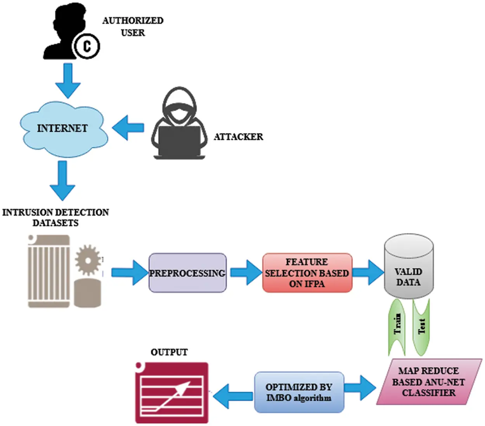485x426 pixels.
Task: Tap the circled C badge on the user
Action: [x=87, y=46]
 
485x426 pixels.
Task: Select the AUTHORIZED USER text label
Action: [x=133, y=26]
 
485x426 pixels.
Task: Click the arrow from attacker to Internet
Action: [x=128, y=127]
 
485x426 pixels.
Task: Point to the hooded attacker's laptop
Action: [x=179, y=141]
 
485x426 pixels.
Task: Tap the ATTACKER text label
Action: [x=238, y=137]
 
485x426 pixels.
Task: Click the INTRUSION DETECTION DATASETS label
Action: [x=55, y=217]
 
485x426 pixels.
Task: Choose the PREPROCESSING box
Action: [x=187, y=273]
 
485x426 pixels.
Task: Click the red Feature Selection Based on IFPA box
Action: [x=307, y=273]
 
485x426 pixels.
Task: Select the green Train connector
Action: [x=397, y=326]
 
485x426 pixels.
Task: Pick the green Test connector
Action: [x=421, y=326]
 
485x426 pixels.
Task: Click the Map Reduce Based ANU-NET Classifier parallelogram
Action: [x=428, y=382]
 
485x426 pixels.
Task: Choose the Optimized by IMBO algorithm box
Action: [x=299, y=392]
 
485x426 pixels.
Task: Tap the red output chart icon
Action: [x=171, y=393]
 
